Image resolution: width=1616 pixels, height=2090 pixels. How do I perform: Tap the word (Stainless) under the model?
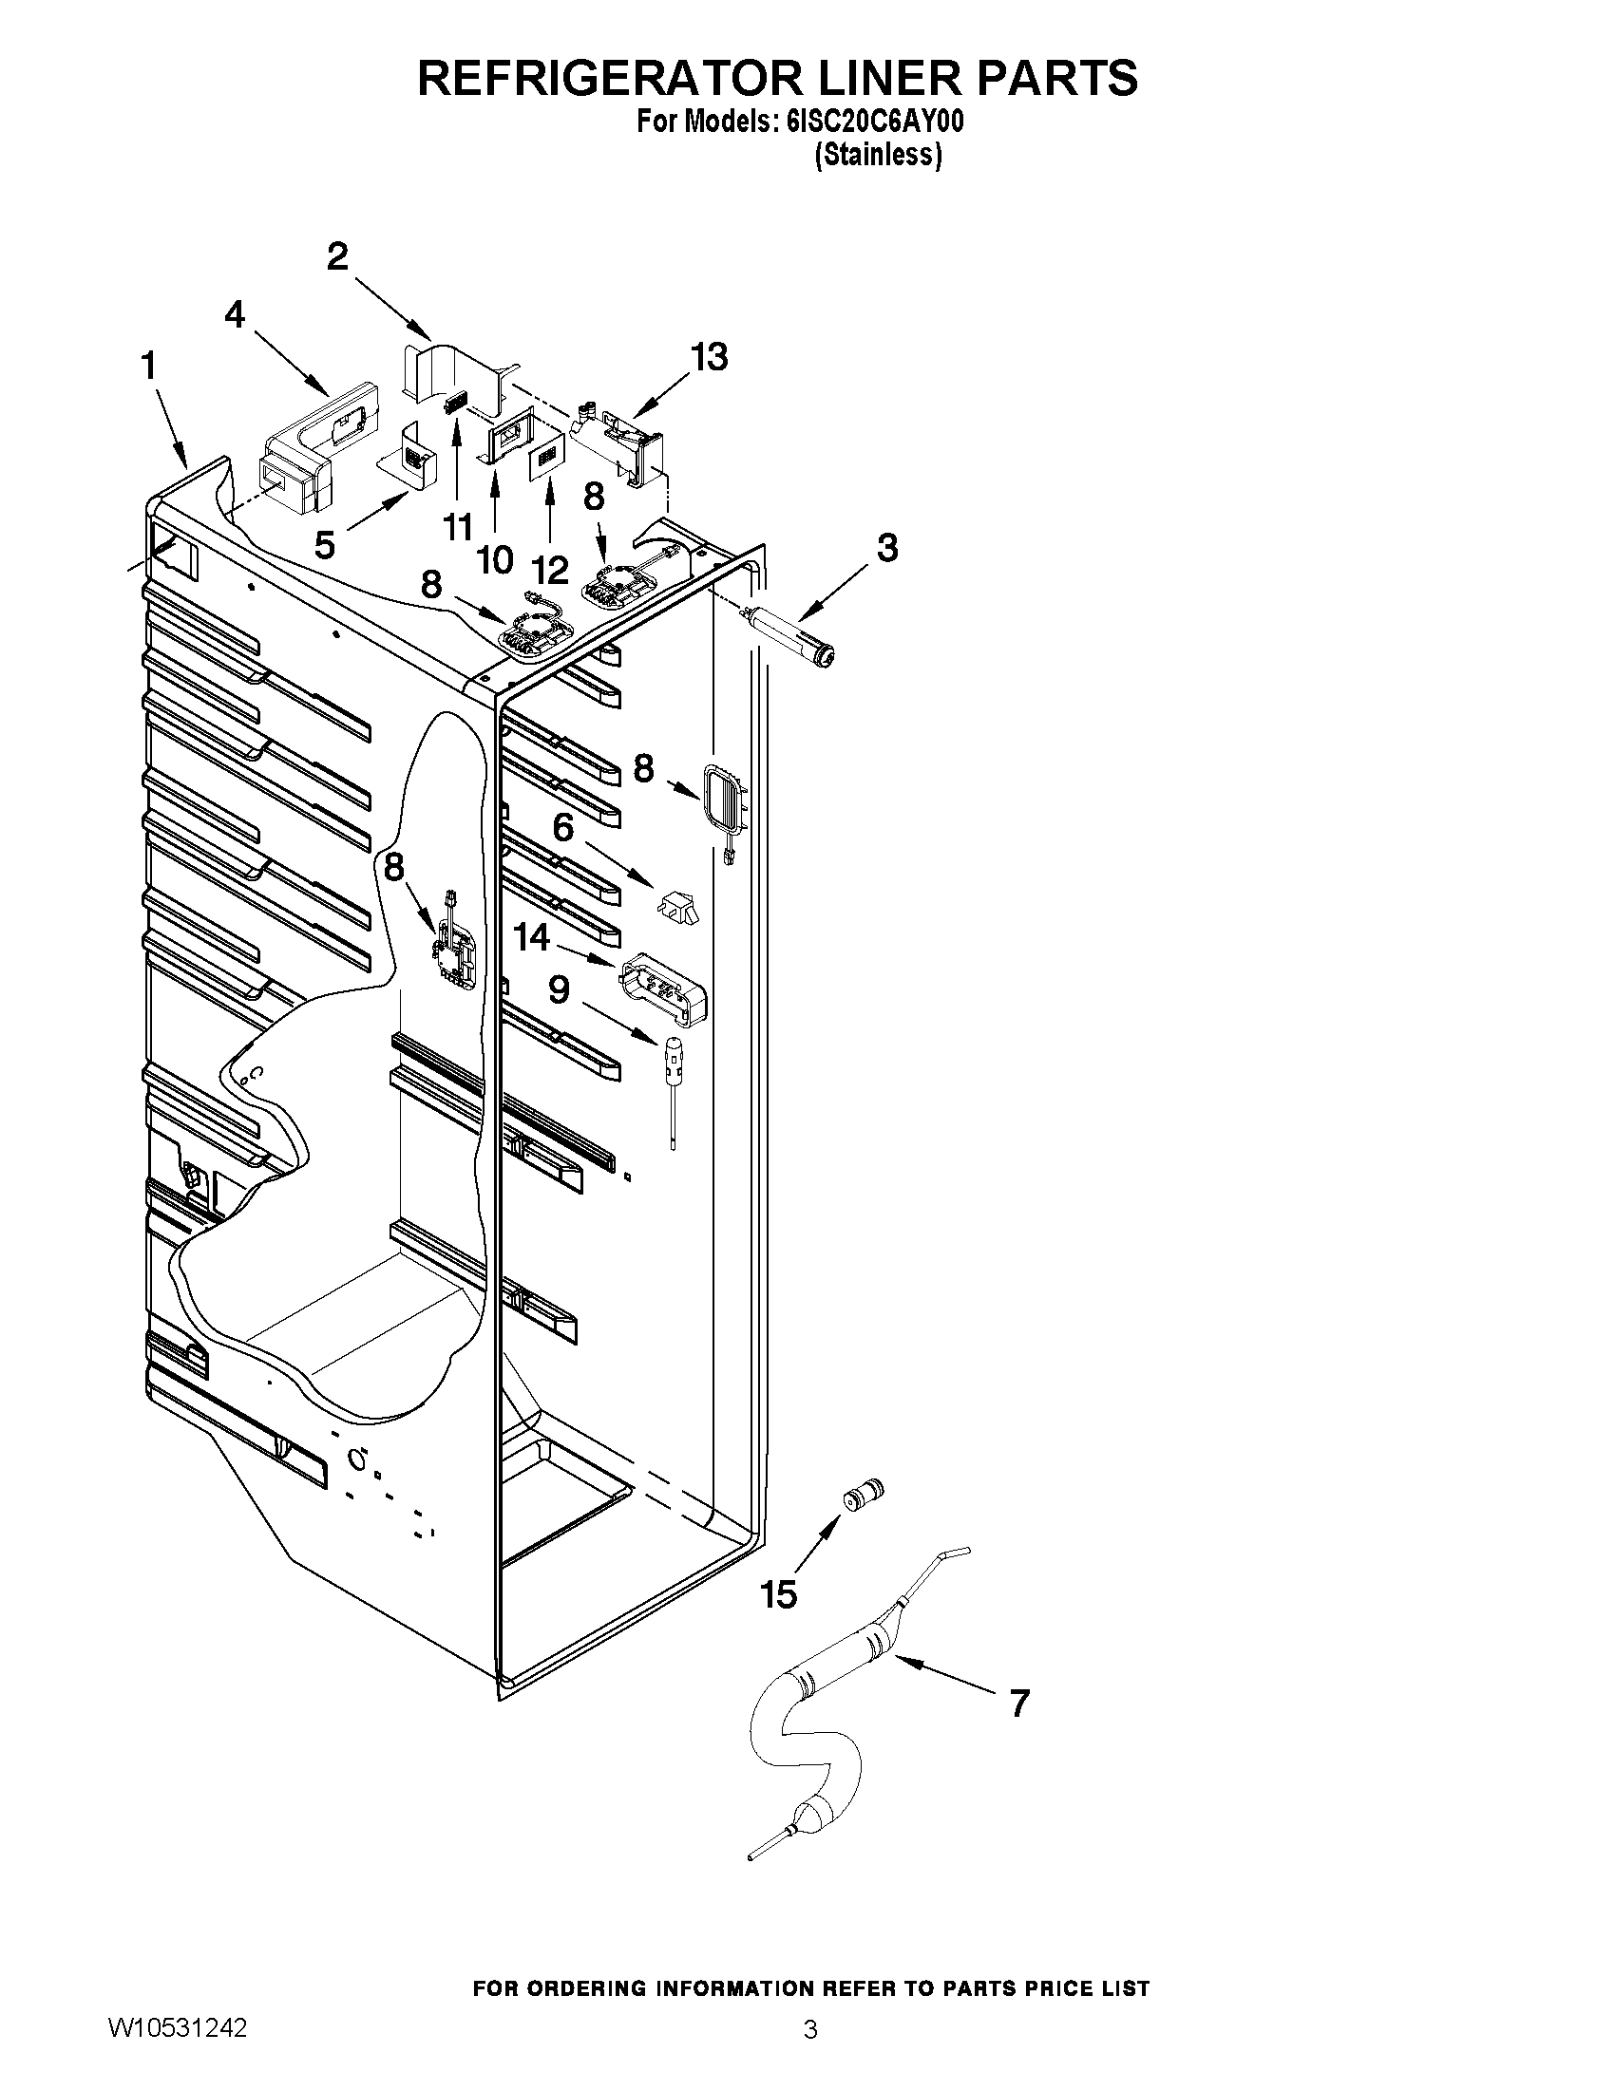pos(878,155)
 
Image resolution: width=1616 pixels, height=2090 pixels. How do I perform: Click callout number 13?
pos(710,357)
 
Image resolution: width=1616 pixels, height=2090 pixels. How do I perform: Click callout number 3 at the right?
pos(887,547)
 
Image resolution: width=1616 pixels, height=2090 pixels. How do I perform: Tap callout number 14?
pos(531,937)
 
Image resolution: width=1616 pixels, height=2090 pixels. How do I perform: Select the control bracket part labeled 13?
pos(619,439)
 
